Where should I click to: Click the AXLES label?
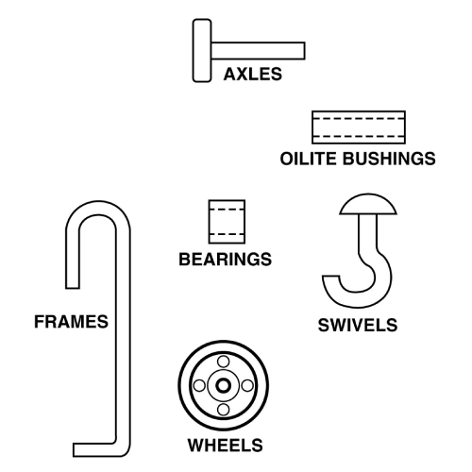point(253,75)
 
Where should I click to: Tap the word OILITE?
point(308,159)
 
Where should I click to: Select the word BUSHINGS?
point(389,159)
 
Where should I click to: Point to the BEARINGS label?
point(225,260)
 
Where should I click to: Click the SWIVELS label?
point(358,325)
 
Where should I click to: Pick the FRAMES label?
point(71,322)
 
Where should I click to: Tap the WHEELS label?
point(225,446)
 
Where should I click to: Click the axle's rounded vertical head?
point(202,51)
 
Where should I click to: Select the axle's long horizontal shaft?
point(258,51)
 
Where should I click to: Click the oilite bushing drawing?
point(359,127)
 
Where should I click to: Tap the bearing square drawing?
point(227,222)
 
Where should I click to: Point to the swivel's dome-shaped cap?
point(368,205)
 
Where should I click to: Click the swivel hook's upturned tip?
point(330,278)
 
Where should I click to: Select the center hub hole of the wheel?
point(223,385)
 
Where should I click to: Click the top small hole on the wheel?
point(223,362)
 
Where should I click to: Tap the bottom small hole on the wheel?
point(223,410)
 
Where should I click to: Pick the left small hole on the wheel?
point(199,385)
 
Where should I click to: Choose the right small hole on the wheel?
point(247,385)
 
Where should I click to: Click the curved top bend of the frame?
point(98,208)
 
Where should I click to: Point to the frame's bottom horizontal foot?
point(94,449)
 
